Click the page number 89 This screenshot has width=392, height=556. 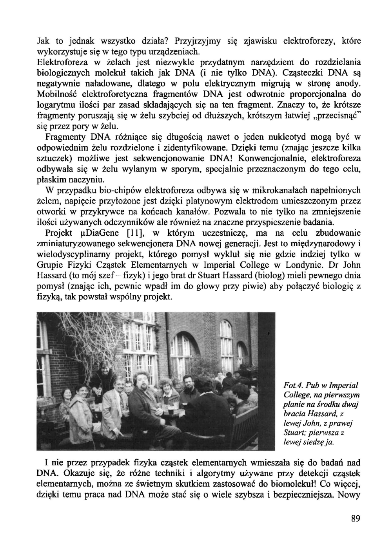(x=355, y=519)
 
